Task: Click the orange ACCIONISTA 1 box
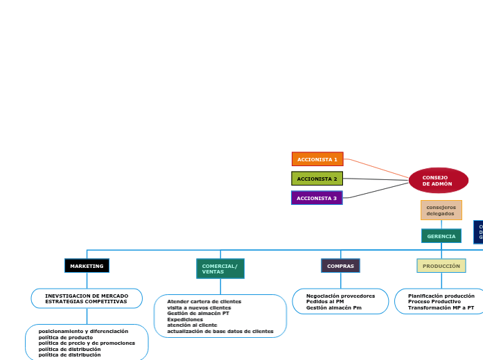coord(317,159)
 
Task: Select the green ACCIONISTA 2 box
coord(317,179)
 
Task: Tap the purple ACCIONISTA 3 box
coord(317,198)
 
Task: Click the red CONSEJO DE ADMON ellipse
coord(438,181)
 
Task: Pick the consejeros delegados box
coord(441,210)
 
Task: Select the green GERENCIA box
coord(441,236)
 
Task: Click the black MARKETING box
coord(87,266)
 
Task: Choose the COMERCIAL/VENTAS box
coord(220,269)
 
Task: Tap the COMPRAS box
coord(340,266)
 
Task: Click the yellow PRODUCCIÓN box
coord(441,266)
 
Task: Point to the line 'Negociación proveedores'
coord(340,296)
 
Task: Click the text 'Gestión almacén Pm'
coord(333,307)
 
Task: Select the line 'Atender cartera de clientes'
coord(204,302)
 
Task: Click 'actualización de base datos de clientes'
coord(220,332)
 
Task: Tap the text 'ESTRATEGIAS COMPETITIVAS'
coord(86,302)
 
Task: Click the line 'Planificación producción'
coord(441,296)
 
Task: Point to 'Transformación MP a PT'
coord(441,307)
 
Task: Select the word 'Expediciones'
coord(185,319)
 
